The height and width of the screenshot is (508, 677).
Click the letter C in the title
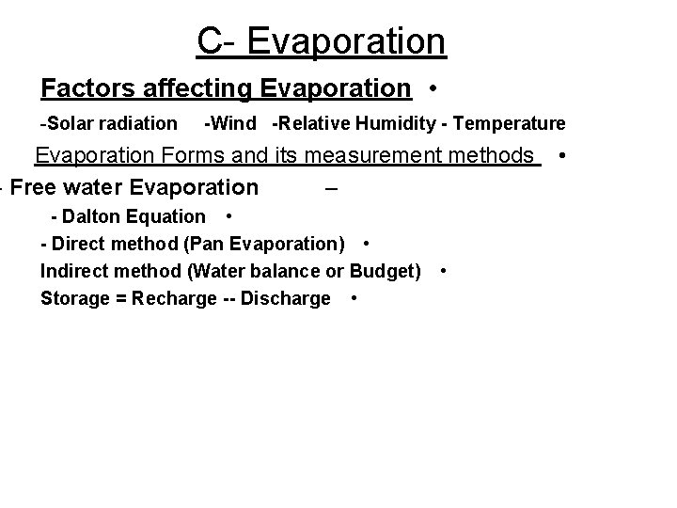click(209, 41)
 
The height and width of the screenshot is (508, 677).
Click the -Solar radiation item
click(108, 123)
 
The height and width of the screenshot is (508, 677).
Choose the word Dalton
click(93, 216)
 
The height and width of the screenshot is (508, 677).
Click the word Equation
click(169, 217)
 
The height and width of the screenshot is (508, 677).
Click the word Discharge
click(288, 299)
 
